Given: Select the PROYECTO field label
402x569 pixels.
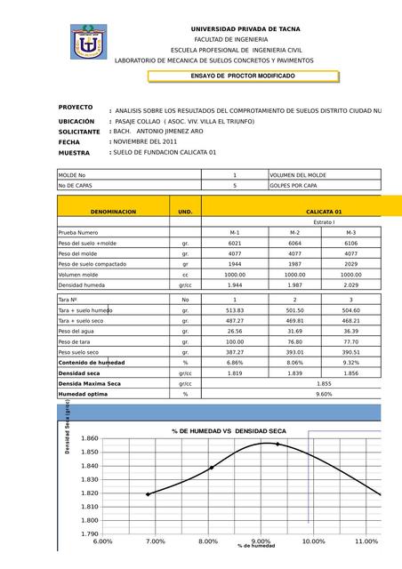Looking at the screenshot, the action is tap(76, 108).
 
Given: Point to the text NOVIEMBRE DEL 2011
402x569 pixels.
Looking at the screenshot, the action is tap(146, 141).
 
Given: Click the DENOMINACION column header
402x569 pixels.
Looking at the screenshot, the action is tap(114, 212).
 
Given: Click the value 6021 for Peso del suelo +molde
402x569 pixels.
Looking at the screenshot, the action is tap(235, 243).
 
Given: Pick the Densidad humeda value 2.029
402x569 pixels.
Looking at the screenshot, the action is tap(351, 285).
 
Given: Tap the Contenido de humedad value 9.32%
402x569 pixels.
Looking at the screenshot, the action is tap(351, 363).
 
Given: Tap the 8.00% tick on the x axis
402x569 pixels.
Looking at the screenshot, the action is tap(208, 541).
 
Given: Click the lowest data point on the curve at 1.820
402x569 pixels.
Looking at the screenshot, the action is tap(149, 493).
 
